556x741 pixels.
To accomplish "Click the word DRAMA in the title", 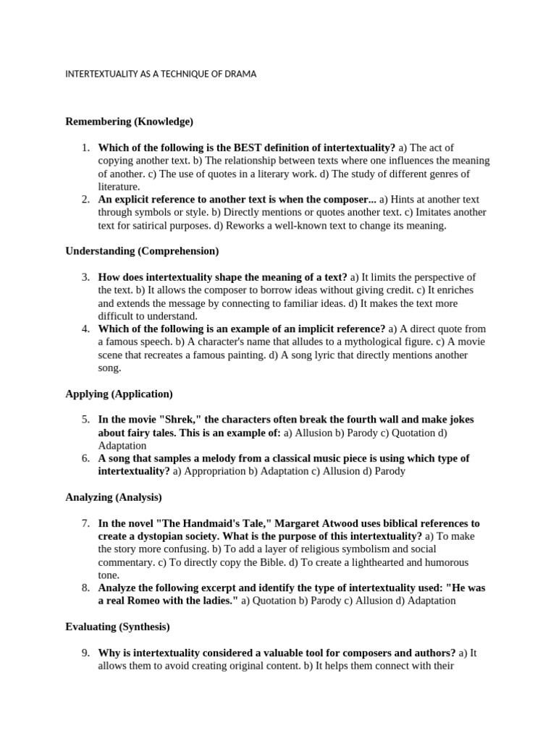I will click(x=241, y=74).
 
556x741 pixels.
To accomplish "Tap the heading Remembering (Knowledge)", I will click(x=130, y=121).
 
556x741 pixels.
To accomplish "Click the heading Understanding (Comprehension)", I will click(x=142, y=251).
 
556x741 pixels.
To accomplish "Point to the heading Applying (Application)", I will click(x=119, y=394).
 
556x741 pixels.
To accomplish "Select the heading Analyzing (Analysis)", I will click(x=114, y=497).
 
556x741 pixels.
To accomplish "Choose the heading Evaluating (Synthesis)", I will click(x=117, y=627).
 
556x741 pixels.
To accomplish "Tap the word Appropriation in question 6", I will click(x=216, y=471).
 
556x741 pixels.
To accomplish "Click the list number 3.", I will click(x=85, y=277).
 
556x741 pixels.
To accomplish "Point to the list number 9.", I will click(x=85, y=653).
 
